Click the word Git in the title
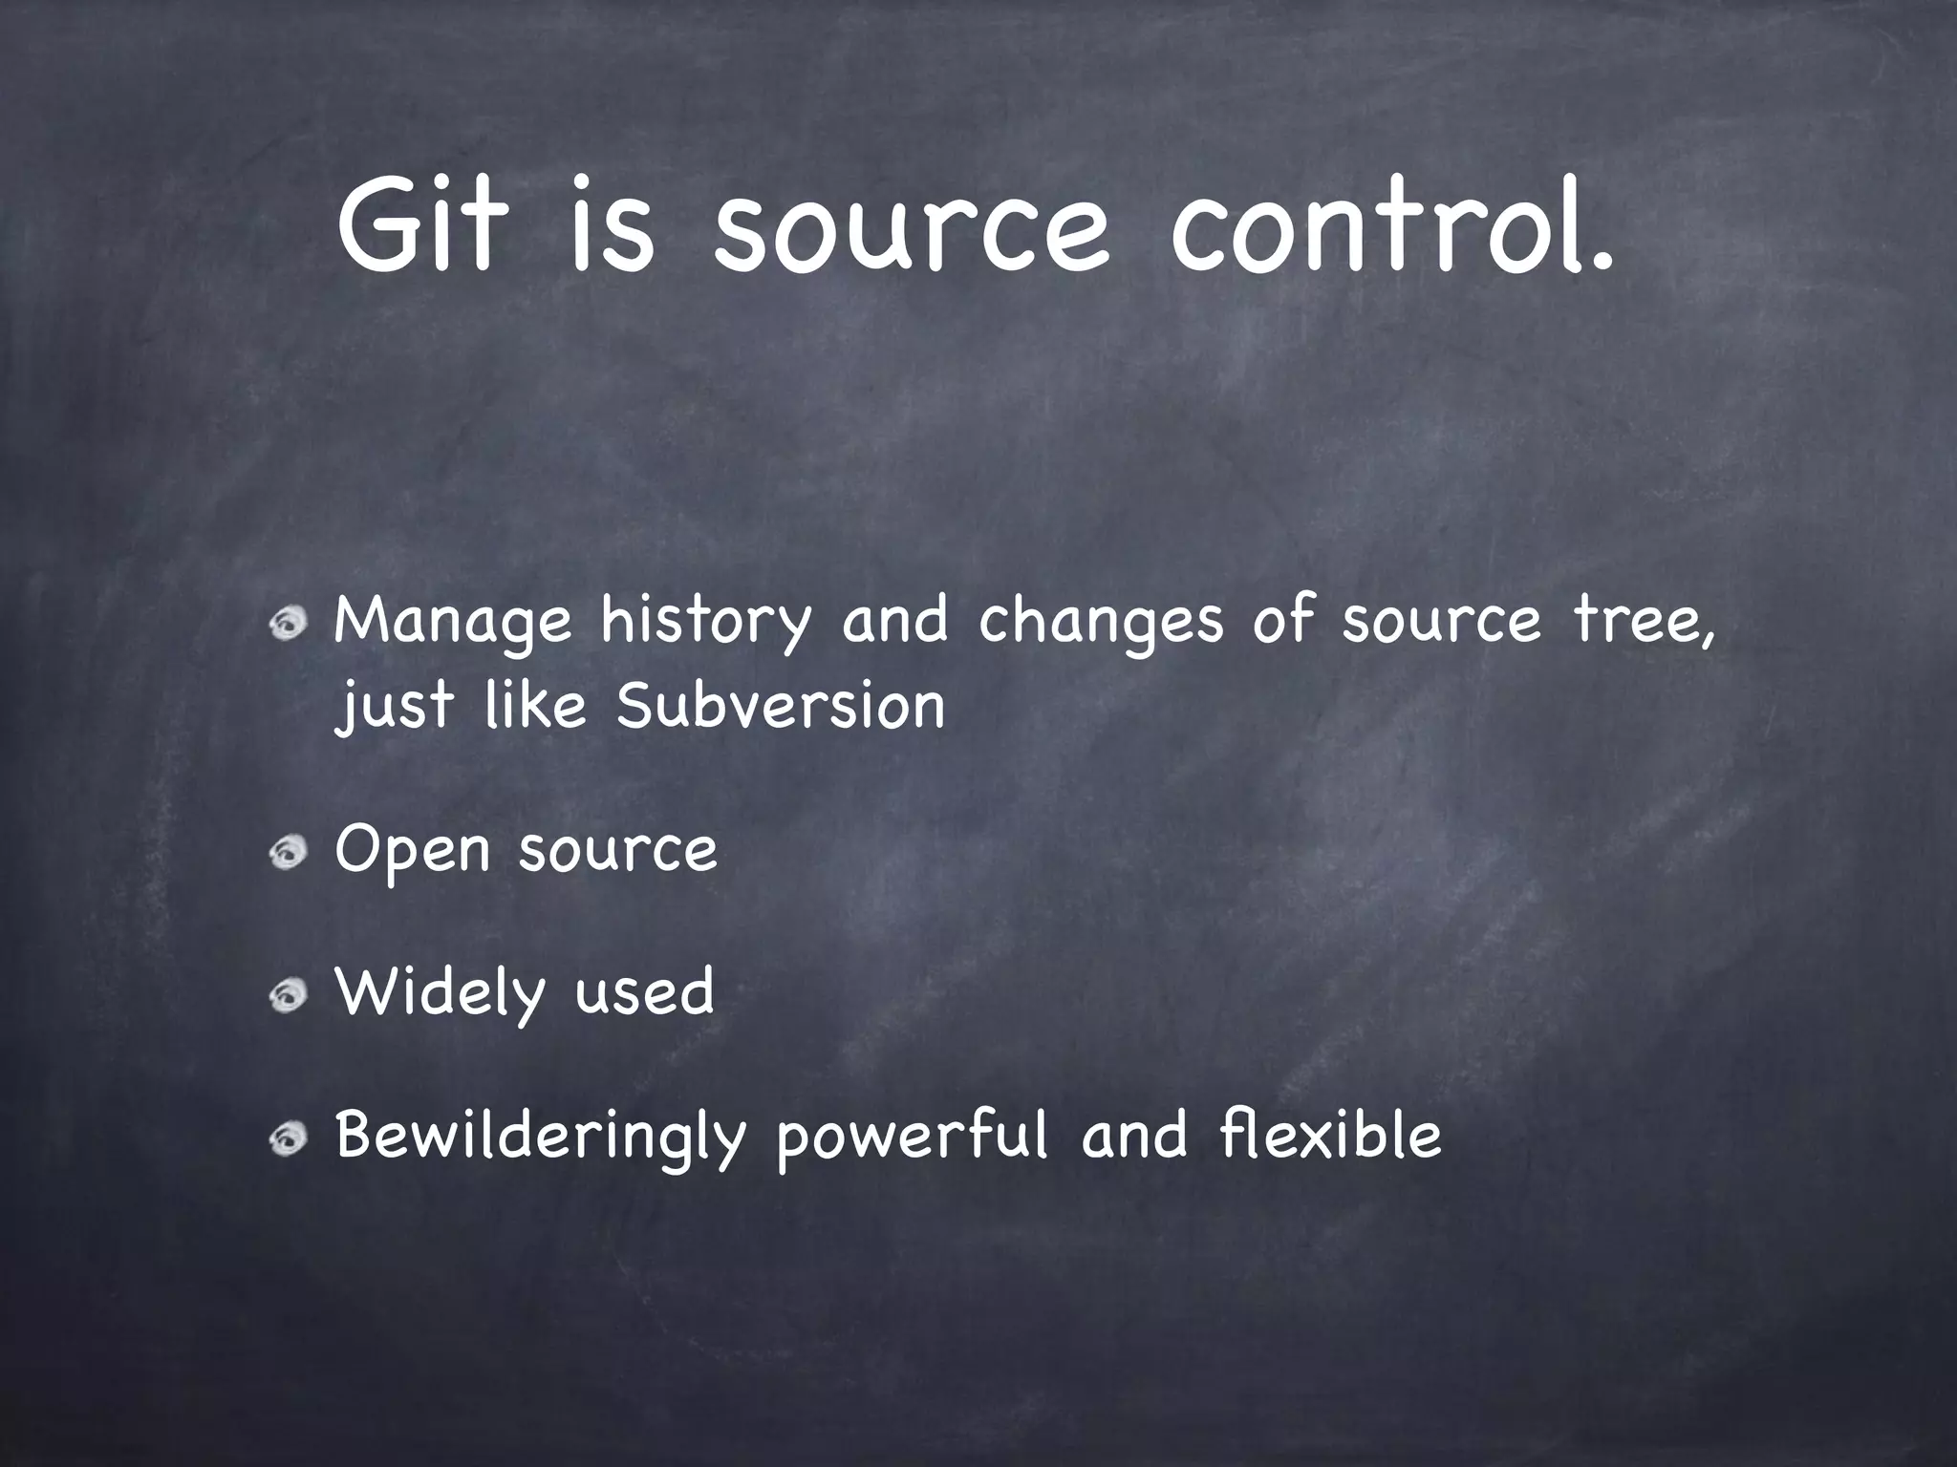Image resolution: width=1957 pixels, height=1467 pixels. pos(420,225)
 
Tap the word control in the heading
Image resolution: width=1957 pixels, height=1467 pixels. pos(1390,225)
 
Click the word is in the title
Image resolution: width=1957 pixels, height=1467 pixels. pos(612,225)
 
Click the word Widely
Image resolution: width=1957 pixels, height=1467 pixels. pos(439,993)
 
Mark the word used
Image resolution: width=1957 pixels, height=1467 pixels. pos(644,993)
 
